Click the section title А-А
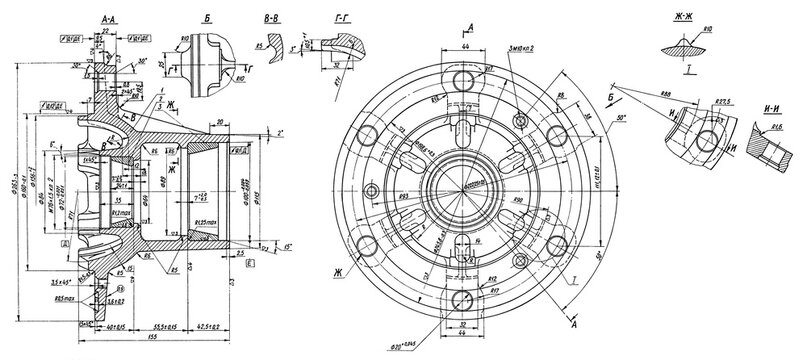112,19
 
